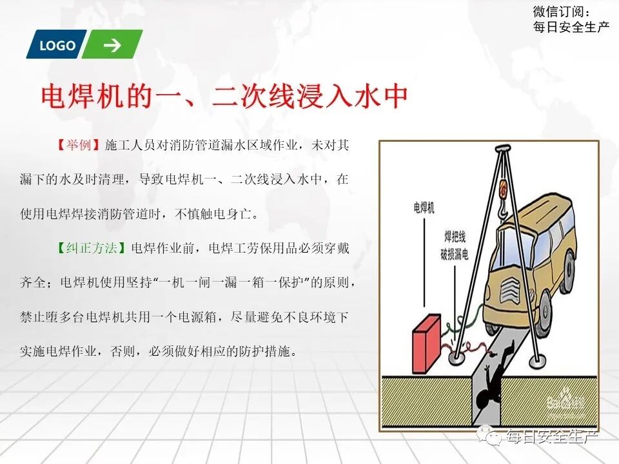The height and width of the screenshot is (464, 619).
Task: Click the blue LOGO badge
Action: pyautogui.click(x=57, y=45)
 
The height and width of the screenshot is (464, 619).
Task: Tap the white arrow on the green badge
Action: pyautogui.click(x=112, y=45)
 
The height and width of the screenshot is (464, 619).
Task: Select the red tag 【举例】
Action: pyautogui.click(x=77, y=145)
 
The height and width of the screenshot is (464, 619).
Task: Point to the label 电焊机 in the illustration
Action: pyautogui.click(x=424, y=208)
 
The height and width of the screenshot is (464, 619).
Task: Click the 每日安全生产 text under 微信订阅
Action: pyautogui.click(x=571, y=26)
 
